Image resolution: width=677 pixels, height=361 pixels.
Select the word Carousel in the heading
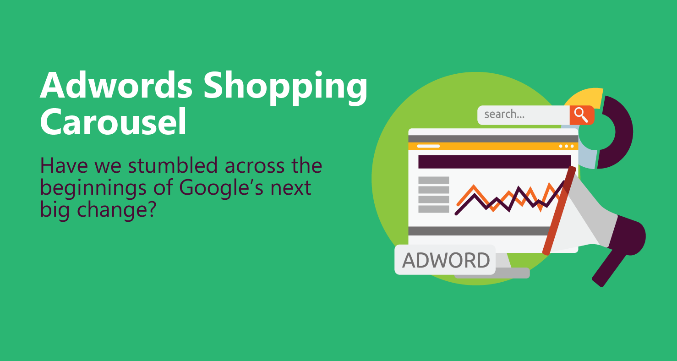tap(113, 121)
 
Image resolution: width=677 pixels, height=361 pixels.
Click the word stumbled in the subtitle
tap(173, 165)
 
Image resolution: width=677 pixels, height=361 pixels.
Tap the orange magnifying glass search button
tap(582, 115)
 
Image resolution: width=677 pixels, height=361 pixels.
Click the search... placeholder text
tap(504, 114)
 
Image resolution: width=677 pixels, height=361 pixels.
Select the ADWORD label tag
tap(445, 260)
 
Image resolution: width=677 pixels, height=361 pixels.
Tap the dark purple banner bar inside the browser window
tap(494, 162)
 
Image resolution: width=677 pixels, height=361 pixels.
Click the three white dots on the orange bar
tap(567, 146)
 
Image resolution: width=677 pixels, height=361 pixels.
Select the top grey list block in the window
tap(434, 180)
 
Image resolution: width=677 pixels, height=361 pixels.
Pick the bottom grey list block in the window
tap(434, 209)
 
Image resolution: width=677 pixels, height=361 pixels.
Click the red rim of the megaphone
tap(559, 210)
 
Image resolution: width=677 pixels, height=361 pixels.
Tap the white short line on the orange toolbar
tap(428, 146)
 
